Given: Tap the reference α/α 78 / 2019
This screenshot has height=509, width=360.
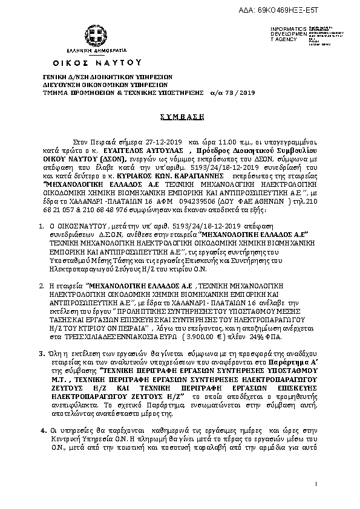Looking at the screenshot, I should [x=225, y=94].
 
